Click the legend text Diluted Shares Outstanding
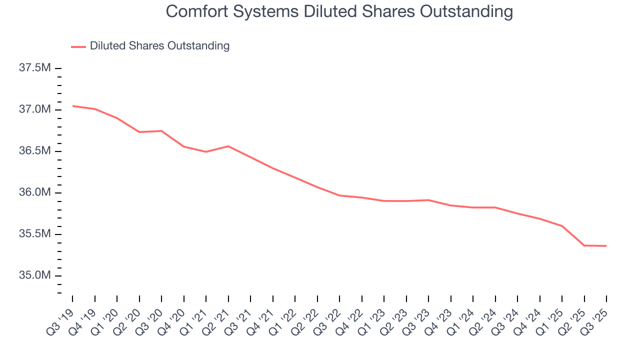pyautogui.click(x=159, y=46)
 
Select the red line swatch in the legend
pyautogui.click(x=78, y=46)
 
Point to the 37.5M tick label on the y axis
pyautogui.click(x=34, y=68)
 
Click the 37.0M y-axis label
pyautogui.click(x=34, y=109)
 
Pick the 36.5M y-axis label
pyautogui.click(x=34, y=151)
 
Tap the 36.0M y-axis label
pyautogui.click(x=34, y=193)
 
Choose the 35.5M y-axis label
pyautogui.click(x=34, y=234)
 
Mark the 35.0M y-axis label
pyautogui.click(x=34, y=276)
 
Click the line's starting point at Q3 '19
pyautogui.click(x=72, y=106)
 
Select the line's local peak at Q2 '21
pyautogui.click(x=228, y=146)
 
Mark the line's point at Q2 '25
pyautogui.click(x=584, y=245)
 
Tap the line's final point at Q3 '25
pyautogui.click(x=606, y=246)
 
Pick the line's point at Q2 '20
pyautogui.click(x=139, y=132)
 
